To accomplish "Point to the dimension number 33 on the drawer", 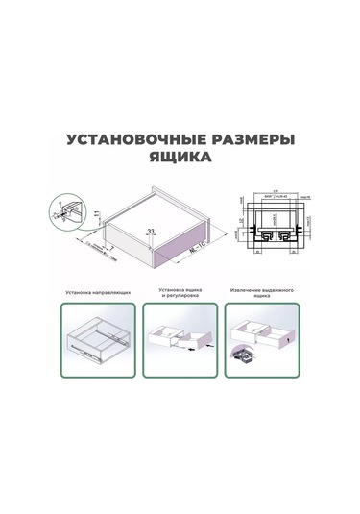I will (x=151, y=233).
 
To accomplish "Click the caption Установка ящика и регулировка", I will (x=180, y=293).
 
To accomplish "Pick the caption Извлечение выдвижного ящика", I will (x=261, y=293).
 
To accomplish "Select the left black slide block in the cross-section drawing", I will (x=262, y=232).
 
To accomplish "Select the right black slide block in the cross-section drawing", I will (x=286, y=232).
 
